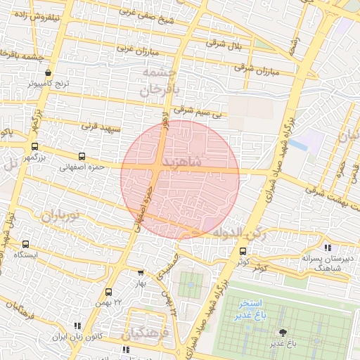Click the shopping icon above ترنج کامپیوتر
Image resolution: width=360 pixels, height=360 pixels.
[x=48, y=72]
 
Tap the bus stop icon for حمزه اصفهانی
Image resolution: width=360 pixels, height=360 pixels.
[x=82, y=157]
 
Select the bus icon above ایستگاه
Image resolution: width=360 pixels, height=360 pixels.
[x=26, y=244]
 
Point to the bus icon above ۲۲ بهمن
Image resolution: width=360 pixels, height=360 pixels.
[x=108, y=292]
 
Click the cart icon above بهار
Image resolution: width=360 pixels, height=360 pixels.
[x=141, y=273]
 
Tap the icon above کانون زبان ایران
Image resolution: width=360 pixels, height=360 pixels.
[x=77, y=326]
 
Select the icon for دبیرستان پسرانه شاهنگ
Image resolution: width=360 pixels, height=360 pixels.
[x=328, y=247]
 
